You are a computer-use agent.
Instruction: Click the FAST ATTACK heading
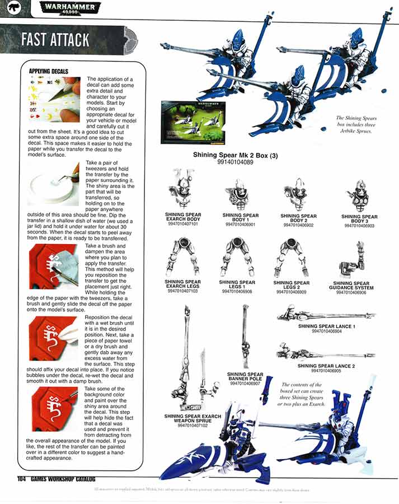tap(55, 39)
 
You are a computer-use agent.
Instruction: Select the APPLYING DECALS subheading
tap(48, 71)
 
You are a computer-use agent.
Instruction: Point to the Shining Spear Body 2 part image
tap(298, 195)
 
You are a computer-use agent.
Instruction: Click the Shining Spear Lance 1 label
tap(327, 325)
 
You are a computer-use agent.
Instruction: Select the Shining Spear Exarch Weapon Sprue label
tap(193, 419)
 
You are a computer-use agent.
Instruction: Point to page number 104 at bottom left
tap(22, 478)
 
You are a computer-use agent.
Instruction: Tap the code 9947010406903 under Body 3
tap(359, 226)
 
